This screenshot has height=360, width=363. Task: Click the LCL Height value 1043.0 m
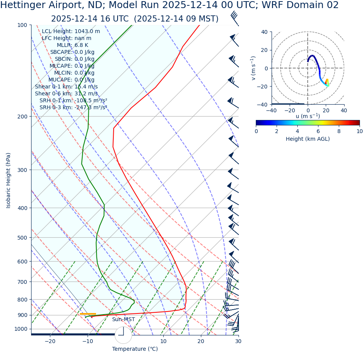tap(87, 32)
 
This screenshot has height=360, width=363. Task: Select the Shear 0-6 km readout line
tap(66, 94)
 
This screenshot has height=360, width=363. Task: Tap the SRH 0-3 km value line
tap(73, 108)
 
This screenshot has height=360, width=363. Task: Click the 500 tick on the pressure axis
tap(22, 238)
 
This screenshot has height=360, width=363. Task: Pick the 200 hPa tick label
tap(22, 117)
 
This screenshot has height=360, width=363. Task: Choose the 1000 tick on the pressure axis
tap(21, 329)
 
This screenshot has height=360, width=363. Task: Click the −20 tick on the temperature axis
tap(50, 341)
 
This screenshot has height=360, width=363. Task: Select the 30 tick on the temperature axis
tap(238, 341)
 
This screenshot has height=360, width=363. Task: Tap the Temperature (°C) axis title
tap(135, 349)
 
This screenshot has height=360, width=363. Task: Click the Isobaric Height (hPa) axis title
tap(8, 180)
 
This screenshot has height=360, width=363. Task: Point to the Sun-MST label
tap(123, 320)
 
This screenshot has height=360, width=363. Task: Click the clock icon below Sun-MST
tap(123, 335)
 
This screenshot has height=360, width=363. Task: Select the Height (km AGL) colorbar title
tap(308, 139)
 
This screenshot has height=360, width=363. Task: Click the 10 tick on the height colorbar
tap(360, 131)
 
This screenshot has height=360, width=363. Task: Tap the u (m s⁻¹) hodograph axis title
tap(308, 116)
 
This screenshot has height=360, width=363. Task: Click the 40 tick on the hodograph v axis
tap(264, 32)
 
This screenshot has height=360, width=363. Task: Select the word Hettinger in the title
tap(24, 5)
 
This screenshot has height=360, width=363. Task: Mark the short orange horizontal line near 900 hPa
tap(88, 314)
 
